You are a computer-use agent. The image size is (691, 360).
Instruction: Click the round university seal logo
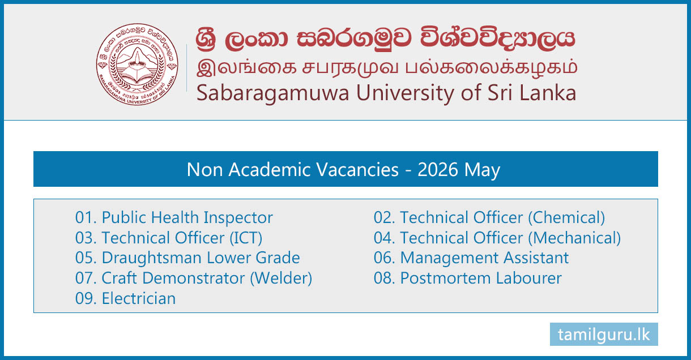click(x=137, y=64)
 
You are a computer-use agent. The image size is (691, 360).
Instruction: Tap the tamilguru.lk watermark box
click(x=604, y=334)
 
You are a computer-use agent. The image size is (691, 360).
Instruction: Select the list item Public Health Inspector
click(x=174, y=217)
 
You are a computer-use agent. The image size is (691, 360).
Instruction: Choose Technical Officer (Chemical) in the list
click(x=489, y=217)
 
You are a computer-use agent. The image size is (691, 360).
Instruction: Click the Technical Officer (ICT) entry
click(x=169, y=238)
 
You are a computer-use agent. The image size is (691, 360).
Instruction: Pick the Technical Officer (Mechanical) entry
click(x=497, y=238)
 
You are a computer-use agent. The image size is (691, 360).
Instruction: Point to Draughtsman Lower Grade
click(x=187, y=258)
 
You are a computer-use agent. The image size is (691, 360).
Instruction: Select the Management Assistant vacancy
click(x=471, y=258)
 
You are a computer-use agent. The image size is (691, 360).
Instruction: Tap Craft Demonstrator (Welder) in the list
click(x=194, y=278)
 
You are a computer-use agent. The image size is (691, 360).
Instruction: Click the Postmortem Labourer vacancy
click(x=468, y=278)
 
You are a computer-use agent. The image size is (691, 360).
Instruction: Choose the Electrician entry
click(x=125, y=298)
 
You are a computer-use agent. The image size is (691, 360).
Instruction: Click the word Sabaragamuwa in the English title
click(x=272, y=93)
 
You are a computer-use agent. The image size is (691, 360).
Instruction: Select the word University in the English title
click(x=406, y=93)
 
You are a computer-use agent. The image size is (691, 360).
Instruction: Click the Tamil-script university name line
click(x=387, y=68)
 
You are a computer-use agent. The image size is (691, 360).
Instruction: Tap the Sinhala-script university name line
click(x=386, y=38)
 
